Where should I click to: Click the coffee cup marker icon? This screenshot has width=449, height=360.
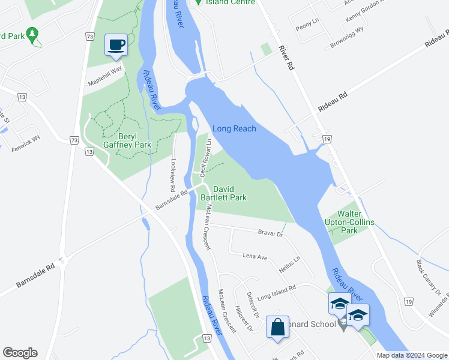116,44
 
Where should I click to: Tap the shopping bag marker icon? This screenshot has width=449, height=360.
277,328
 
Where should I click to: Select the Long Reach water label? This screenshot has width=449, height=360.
234,128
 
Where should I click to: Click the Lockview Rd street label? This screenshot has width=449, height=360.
173,175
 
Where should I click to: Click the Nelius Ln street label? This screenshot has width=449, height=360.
289,265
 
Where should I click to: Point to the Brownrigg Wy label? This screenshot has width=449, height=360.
346,37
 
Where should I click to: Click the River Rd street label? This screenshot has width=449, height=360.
286,58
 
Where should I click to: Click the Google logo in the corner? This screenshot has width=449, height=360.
20,353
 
